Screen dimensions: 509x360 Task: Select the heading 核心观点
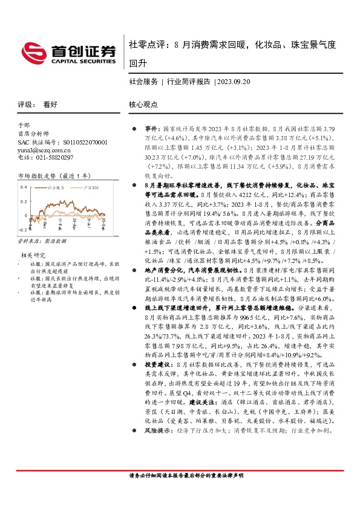pyautogui.click(x=143, y=105)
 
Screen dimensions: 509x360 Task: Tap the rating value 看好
pyautogui.click(x=50, y=105)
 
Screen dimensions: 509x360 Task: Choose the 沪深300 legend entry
pyautogui.click(x=90, y=189)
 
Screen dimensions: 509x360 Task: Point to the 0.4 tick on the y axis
pyautogui.click(x=22, y=187)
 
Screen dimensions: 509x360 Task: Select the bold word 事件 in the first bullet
pyautogui.click(x=151, y=129)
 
